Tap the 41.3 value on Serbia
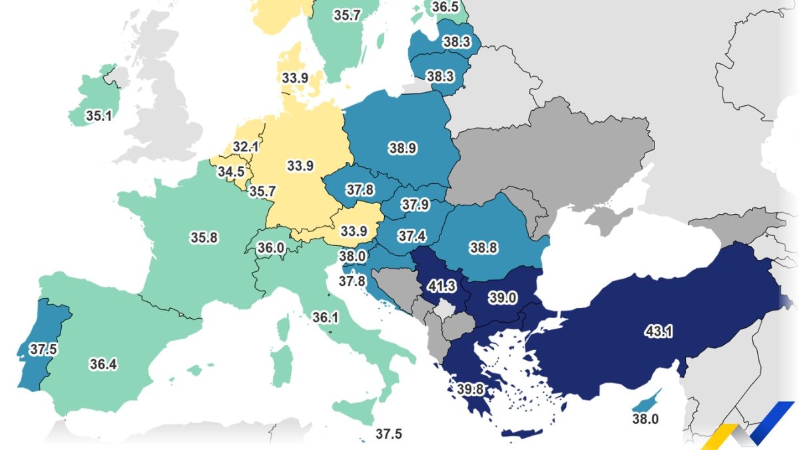pos(441,287)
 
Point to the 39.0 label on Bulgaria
pos(502,298)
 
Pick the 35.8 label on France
pos(204,237)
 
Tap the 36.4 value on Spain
pos(104,363)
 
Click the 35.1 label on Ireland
pos(98,115)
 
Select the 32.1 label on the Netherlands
pos(246,147)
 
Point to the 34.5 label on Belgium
pos(231,171)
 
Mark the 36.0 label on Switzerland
pos(271,248)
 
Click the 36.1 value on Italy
pos(325,318)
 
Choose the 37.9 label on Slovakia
pos(415,205)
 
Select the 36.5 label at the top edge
pos(445,7)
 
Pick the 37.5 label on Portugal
pos(41,349)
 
